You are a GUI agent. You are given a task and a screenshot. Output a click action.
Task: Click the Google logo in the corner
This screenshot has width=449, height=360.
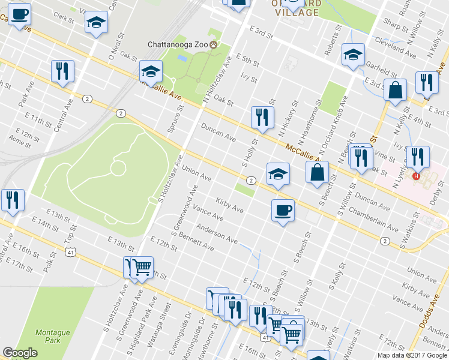tap(20, 353)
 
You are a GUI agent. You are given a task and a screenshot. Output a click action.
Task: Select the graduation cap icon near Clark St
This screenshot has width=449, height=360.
tap(94, 23)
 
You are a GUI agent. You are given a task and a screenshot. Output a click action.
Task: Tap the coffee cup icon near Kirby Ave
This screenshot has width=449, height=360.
tap(282, 210)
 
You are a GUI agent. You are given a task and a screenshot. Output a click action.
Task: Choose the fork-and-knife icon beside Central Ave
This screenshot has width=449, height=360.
tap(62, 71)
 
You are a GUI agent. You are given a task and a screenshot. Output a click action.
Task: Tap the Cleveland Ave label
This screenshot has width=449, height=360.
tap(395, 47)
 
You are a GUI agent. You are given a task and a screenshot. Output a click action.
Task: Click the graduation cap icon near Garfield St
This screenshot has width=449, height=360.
tap(354, 54)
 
